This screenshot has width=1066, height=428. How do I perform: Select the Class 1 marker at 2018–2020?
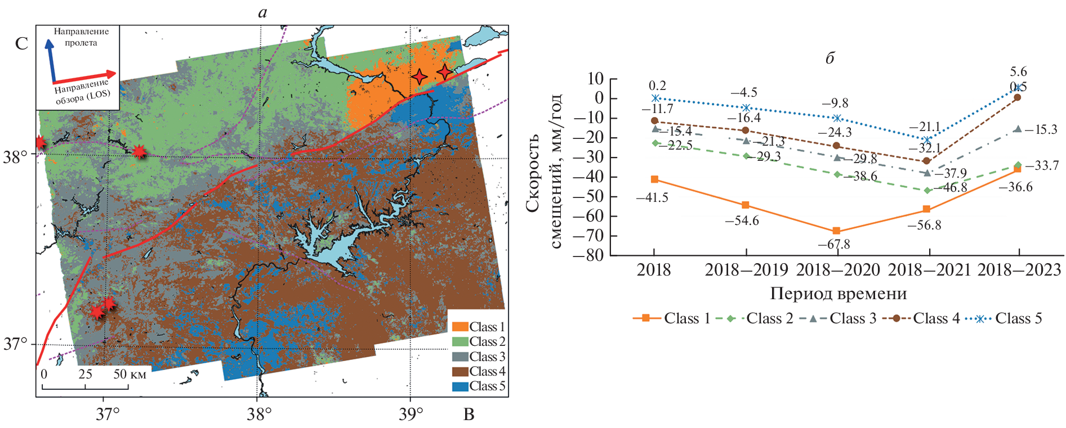836,231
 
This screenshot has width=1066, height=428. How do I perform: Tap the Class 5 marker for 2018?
655,98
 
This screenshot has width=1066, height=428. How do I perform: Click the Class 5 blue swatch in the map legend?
460,386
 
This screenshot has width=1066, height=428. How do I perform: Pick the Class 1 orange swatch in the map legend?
460,327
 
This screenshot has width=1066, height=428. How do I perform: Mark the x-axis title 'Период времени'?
838,294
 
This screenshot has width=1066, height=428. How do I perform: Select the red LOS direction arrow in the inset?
84,77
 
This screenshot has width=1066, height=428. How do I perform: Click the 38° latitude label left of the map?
15,156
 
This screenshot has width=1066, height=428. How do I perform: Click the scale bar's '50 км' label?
130,375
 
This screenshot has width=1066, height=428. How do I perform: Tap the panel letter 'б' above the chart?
829,58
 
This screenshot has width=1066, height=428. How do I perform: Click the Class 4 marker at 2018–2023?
1018,97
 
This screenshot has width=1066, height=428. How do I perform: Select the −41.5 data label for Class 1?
652,198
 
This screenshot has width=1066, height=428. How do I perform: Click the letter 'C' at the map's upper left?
21,44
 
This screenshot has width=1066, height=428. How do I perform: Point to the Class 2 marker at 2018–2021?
927,190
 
